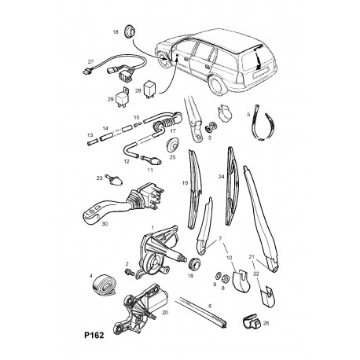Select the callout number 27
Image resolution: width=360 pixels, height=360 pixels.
click(90, 61)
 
